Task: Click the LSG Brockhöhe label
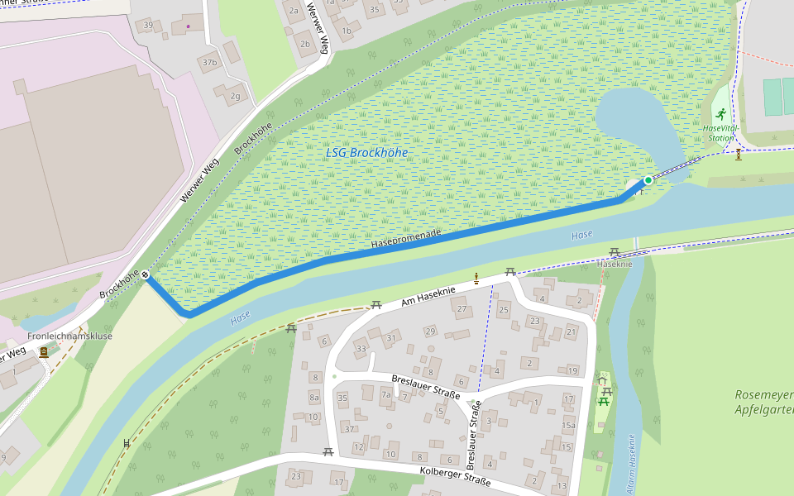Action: tap(366, 153)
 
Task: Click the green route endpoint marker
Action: tap(648, 179)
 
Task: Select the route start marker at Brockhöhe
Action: tap(146, 275)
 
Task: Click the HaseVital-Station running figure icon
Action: tap(721, 113)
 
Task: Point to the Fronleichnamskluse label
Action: tap(69, 336)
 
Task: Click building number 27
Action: tap(462, 309)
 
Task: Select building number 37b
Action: tap(209, 62)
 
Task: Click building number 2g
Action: tap(235, 96)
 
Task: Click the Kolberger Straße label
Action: tap(455, 476)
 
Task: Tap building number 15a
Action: tap(568, 426)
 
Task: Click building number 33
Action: tap(361, 349)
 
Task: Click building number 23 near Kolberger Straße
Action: tap(297, 476)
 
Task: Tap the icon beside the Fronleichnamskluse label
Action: tap(43, 351)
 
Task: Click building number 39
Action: tap(148, 26)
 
